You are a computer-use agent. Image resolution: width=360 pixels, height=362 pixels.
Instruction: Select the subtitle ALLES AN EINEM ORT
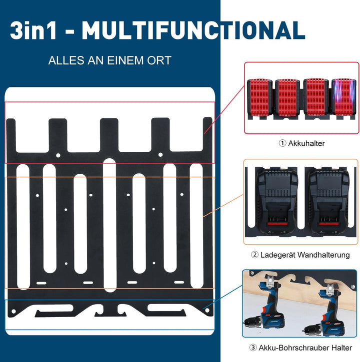[110, 60]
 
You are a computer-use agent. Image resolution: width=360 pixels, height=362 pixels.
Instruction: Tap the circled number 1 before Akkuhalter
[282, 143]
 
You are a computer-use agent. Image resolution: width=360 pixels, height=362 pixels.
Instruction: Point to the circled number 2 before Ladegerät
[254, 255]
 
